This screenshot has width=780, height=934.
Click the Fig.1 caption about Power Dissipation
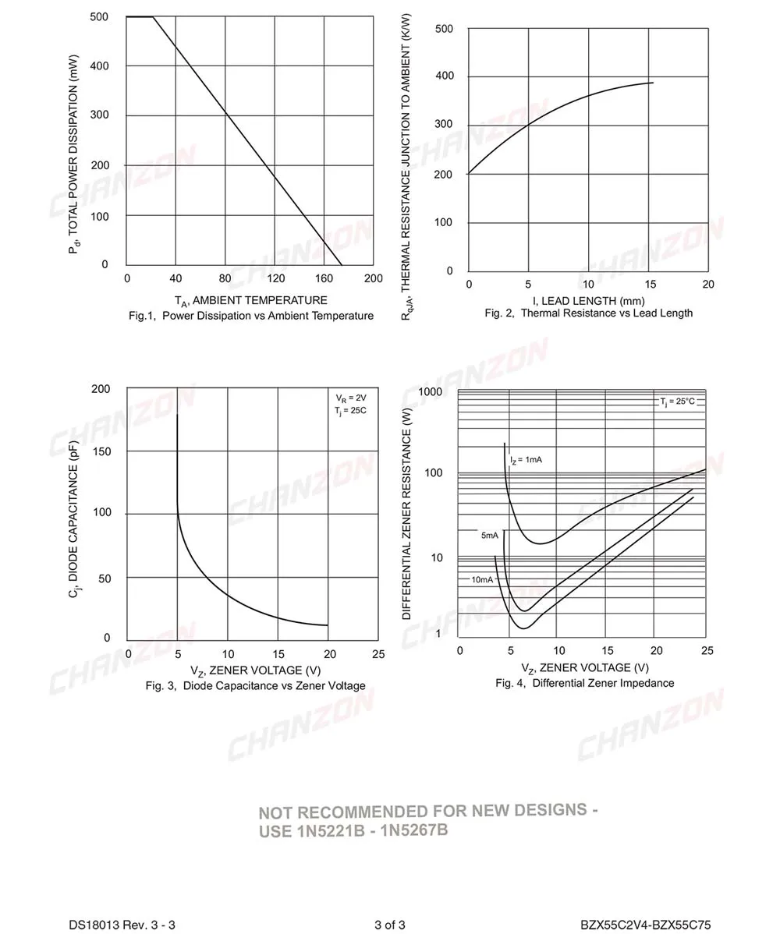[250, 316]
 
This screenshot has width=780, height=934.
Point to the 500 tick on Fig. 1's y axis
[99, 16]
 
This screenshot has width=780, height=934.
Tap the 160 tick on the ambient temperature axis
[324, 279]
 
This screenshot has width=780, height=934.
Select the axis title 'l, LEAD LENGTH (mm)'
[588, 300]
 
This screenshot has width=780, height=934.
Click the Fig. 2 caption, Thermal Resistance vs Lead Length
[588, 313]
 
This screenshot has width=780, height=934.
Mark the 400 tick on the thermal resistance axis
[444, 77]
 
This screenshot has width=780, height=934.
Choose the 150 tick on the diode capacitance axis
[101, 451]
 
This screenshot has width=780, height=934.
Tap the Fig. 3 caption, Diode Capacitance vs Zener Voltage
[255, 686]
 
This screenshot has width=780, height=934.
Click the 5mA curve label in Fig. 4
[489, 536]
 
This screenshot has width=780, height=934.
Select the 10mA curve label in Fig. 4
[481, 580]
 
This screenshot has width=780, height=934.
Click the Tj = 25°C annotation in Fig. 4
[676, 402]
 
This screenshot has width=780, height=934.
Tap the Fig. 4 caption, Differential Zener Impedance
[585, 683]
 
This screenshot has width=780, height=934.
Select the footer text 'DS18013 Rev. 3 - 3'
[122, 925]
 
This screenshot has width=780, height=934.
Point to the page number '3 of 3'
[389, 925]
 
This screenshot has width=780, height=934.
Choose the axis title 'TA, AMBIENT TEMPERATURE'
[250, 301]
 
